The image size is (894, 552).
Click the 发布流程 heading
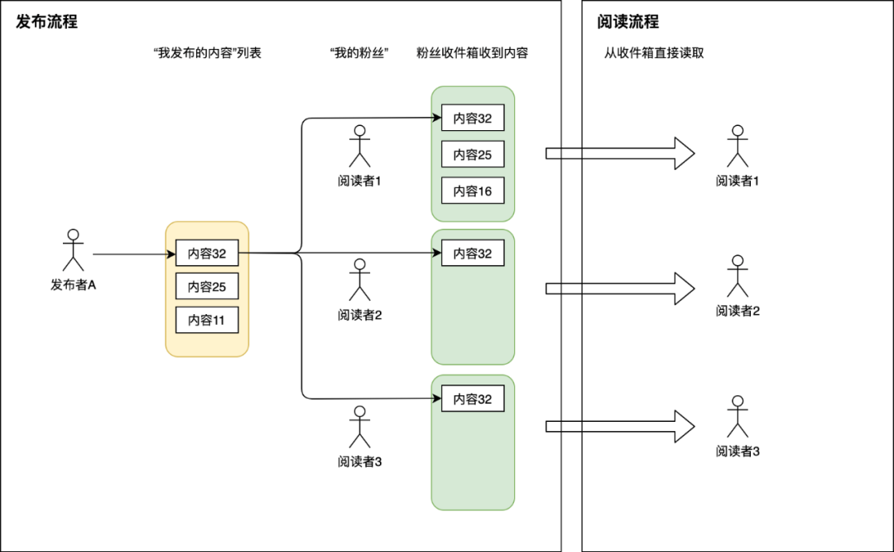(47, 22)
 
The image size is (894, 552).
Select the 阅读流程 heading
(628, 22)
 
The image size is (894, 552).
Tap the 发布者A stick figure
(74, 249)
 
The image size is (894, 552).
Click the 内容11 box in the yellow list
(207, 320)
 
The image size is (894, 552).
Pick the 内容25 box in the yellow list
(207, 286)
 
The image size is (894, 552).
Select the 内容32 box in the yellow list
(207, 253)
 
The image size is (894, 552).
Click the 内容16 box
(473, 191)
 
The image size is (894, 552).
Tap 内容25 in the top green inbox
(473, 154)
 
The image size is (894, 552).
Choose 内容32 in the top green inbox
(473, 118)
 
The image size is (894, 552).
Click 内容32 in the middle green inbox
(473, 253)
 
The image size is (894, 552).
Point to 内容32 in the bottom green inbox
(473, 399)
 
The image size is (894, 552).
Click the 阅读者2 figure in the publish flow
(359, 279)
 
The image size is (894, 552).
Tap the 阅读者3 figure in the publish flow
(359, 427)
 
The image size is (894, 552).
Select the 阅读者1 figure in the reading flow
(738, 146)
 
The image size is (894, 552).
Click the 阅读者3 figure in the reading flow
(738, 416)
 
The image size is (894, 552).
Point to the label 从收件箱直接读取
(654, 53)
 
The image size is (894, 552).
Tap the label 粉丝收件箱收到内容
(473, 53)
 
